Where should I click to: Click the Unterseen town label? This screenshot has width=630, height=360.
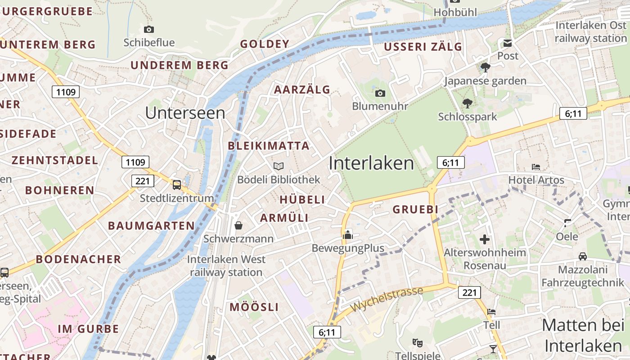[185, 113]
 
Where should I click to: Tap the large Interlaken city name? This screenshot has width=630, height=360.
[371, 163]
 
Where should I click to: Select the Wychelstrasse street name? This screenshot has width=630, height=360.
[387, 299]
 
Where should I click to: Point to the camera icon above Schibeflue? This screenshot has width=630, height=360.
[149, 30]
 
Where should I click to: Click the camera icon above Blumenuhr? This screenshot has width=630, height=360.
[380, 93]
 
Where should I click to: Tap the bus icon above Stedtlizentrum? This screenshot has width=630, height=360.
[177, 184]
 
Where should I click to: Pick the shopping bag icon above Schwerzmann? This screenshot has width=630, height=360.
[238, 225]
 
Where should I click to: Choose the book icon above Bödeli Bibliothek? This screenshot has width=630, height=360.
[279, 166]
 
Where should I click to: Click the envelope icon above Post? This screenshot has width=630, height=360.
[508, 43]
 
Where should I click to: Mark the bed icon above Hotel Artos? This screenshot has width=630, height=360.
[536, 167]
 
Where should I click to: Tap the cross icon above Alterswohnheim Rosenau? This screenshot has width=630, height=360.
[485, 239]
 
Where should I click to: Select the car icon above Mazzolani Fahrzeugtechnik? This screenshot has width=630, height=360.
[583, 256]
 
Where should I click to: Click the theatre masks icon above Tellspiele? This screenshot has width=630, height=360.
[418, 343]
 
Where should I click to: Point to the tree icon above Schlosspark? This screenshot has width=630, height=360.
[468, 103]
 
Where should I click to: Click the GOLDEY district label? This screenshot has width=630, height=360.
[265, 44]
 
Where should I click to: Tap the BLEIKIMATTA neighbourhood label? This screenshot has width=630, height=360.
[269, 146]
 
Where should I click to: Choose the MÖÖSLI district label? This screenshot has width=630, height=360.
[254, 307]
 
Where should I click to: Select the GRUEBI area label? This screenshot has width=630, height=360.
[415, 209]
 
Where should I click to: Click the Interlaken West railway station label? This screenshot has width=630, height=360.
[226, 265]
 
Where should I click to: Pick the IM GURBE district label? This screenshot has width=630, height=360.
[89, 329]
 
